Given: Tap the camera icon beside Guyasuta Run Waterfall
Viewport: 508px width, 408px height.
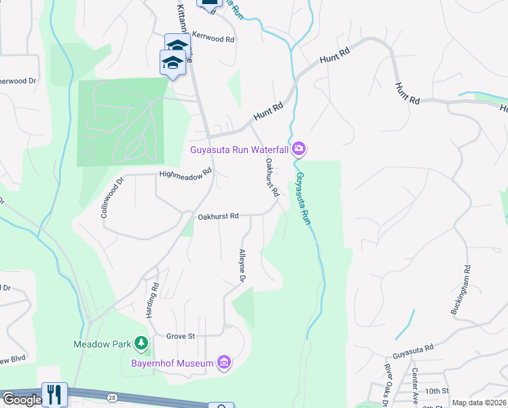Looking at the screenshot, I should click(300, 148).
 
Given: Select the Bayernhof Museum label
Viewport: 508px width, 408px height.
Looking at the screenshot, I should click(171, 362).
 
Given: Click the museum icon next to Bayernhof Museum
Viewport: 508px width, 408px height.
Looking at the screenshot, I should click(223, 362).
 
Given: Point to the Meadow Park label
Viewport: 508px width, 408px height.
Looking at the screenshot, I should click(102, 344).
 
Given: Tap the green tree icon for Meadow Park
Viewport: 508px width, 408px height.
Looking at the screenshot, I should click(141, 343).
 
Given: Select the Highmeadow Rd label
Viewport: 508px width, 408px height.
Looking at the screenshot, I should click(181, 175).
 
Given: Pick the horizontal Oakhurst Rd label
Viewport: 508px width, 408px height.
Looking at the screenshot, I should click(218, 216).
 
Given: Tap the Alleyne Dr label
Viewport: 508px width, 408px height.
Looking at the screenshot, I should click(241, 266).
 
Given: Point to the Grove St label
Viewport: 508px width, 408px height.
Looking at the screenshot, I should click(181, 336).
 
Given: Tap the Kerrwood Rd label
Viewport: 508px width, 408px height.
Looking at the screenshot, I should click(215, 39).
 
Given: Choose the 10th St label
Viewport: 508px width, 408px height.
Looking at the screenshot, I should click(437, 391).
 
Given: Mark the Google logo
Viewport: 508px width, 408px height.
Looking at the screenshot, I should click(22, 401).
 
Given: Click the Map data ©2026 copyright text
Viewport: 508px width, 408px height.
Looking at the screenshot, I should click(479, 403).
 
